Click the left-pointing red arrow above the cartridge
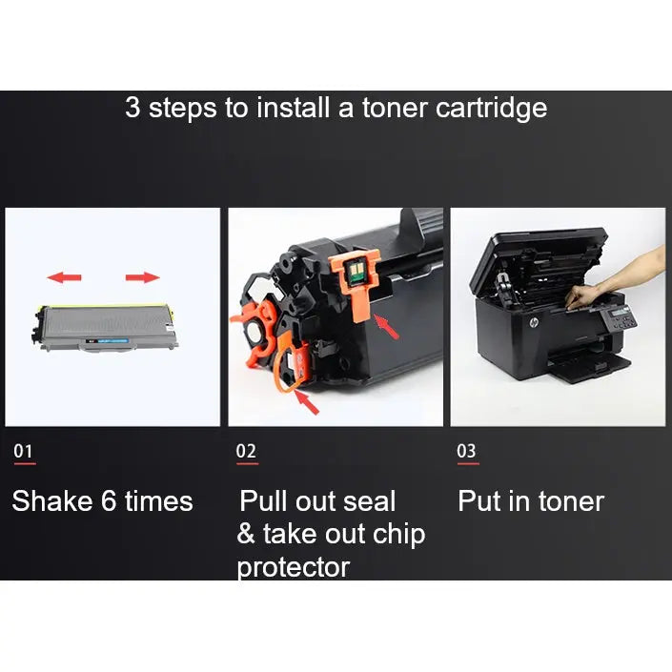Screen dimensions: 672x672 [65, 277]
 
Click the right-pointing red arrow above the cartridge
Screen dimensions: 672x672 [142, 277]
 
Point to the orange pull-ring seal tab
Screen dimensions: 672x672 [289, 367]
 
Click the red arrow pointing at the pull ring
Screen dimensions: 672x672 [311, 402]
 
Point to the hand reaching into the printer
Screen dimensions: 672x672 [620, 276]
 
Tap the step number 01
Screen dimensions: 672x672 [24, 451]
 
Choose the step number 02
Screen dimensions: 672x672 [246, 451]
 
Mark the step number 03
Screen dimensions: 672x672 [467, 451]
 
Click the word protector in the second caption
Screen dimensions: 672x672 [293, 568]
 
